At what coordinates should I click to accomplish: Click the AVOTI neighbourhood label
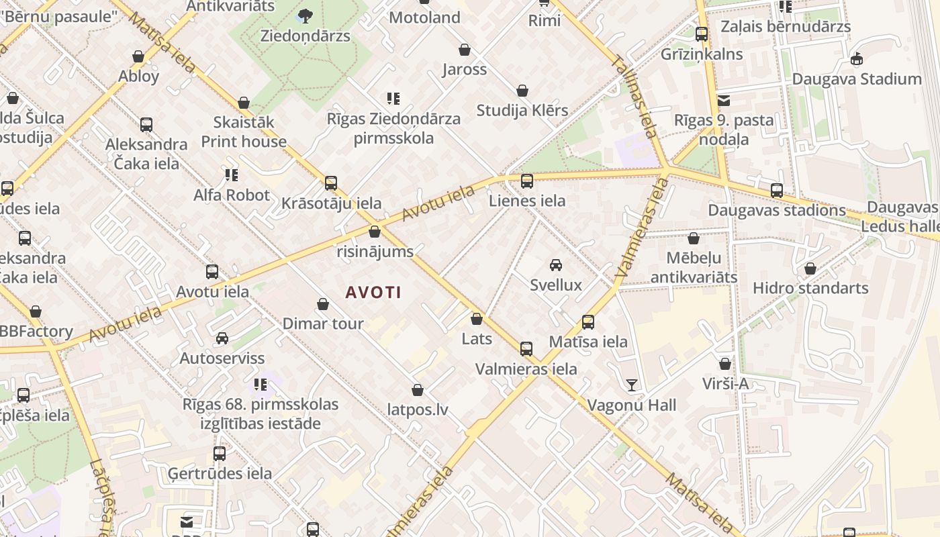pos(373,292)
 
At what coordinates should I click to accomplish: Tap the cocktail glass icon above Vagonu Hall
pos(632,385)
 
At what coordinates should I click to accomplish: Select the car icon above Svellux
pos(556,264)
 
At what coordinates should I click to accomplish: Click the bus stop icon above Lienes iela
pos(527,181)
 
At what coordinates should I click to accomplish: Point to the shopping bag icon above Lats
pos(477,319)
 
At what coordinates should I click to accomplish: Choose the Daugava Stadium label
pos(857,79)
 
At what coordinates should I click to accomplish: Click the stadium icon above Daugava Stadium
pos(857,59)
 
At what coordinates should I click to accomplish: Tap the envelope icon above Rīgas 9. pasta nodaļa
pos(724,101)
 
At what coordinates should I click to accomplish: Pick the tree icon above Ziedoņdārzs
pos(305,15)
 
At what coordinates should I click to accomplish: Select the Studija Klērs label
pos(522,110)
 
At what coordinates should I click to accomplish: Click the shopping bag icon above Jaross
pos(465,50)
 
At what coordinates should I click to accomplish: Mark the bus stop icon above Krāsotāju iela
pos(331,183)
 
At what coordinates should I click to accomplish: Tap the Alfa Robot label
pos(232,195)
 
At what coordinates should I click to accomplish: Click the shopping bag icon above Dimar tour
pos(323,304)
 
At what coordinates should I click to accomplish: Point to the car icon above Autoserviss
pos(222,338)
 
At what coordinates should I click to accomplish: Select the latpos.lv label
pos(418,409)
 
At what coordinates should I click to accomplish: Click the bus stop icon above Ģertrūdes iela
pos(220,454)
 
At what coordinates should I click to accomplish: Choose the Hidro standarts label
pos(810,288)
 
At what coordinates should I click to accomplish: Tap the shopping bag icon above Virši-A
pos(725,364)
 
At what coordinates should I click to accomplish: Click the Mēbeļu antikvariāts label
pos(694,267)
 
